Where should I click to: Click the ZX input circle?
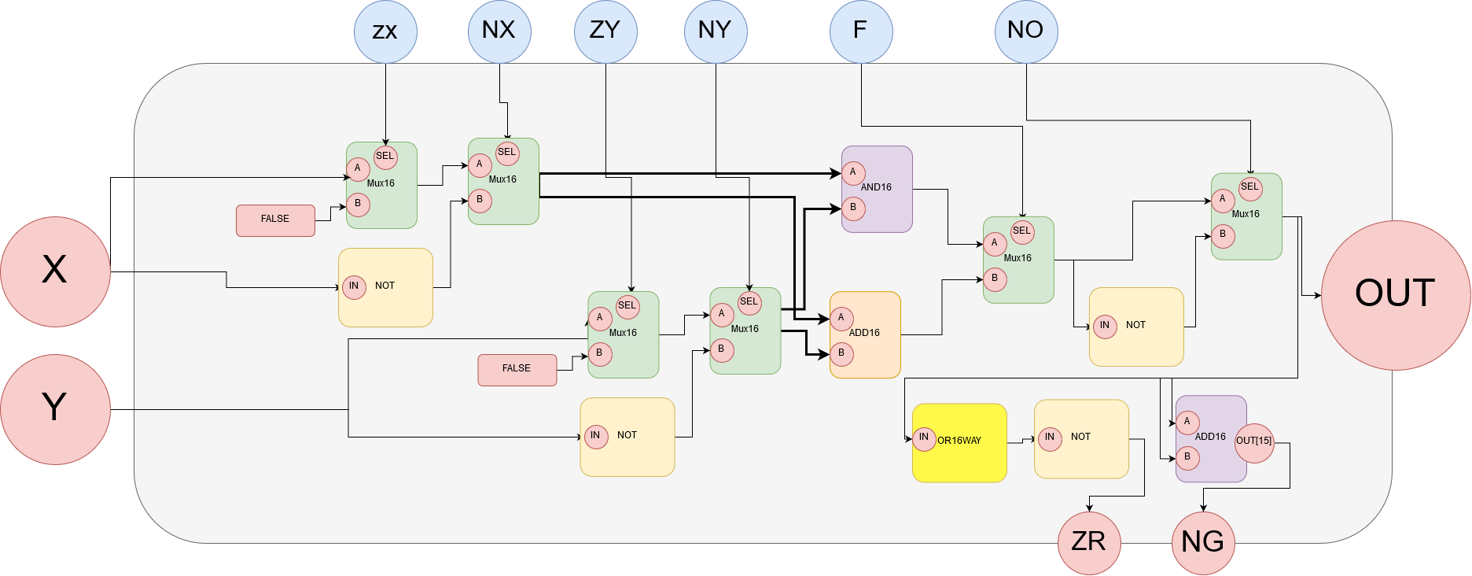pos(385,31)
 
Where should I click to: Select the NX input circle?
pos(499,31)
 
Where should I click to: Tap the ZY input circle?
pos(605,31)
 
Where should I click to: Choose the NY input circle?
pos(716,31)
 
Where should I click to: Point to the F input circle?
pos(861,31)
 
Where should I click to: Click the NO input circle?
pos(1026,31)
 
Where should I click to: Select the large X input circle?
pos(55,271)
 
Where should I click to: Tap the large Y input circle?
pos(55,409)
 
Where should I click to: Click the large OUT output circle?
pos(1395,295)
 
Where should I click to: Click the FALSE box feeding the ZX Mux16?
pos(275,220)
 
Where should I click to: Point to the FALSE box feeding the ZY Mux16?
pos(517,370)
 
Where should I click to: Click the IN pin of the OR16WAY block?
pos(924,438)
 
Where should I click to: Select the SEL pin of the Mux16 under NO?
pos(1249,188)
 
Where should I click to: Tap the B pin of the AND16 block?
pos(853,209)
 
